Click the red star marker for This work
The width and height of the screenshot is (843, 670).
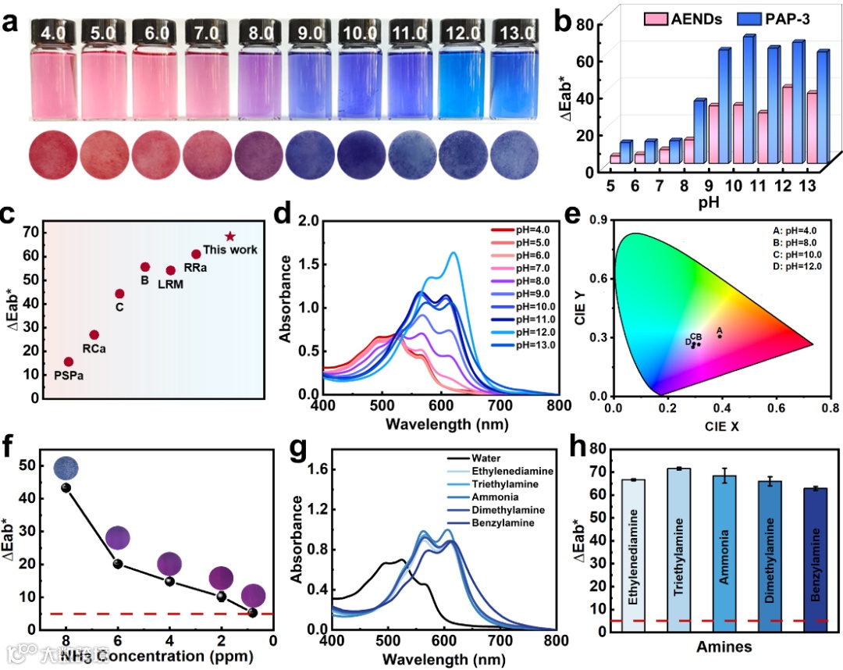[x=230, y=236]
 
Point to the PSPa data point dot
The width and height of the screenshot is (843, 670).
[x=69, y=362]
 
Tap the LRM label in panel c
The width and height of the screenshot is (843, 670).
[x=171, y=283]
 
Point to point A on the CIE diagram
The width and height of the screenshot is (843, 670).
[x=720, y=336]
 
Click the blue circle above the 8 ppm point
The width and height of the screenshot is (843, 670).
[x=66, y=468]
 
